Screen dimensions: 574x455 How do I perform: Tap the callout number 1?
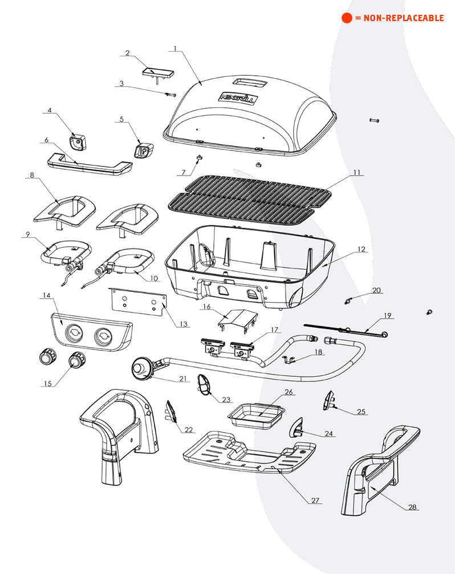(x=176, y=48)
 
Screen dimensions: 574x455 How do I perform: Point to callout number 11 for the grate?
(x=357, y=172)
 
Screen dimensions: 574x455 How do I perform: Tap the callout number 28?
(x=411, y=506)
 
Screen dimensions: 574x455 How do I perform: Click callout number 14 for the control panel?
(x=46, y=295)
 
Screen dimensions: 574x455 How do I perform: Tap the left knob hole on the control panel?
(x=75, y=333)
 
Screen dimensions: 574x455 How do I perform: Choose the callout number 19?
(x=387, y=315)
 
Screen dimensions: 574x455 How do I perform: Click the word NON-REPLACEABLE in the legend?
(x=403, y=18)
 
